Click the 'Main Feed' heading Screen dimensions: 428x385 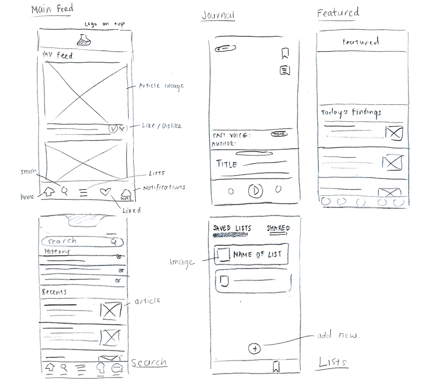(52, 9)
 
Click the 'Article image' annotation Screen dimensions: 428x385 (161, 86)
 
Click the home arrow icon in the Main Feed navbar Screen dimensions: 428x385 (49, 192)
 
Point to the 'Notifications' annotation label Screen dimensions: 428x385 (164, 188)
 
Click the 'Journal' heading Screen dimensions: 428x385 (218, 15)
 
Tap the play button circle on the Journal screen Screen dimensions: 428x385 (255, 191)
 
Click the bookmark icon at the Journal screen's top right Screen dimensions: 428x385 (285, 53)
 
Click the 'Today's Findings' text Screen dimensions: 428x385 (351, 112)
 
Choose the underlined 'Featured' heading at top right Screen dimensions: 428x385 (338, 13)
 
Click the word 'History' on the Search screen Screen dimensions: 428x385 (57, 251)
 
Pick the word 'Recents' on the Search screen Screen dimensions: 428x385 (54, 292)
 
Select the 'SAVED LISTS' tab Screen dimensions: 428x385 (232, 229)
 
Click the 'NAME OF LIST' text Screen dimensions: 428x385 (257, 254)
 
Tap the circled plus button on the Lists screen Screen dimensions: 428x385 (254, 348)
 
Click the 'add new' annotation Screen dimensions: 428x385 (338, 336)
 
